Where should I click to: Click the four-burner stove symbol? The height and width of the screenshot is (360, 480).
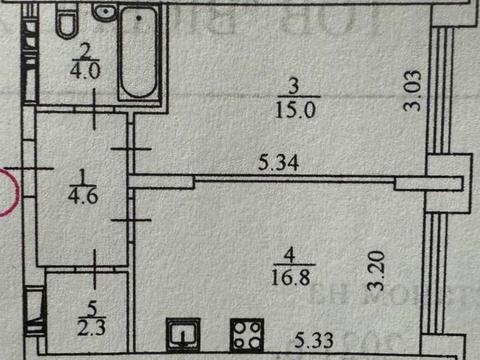click(x=244, y=334)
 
